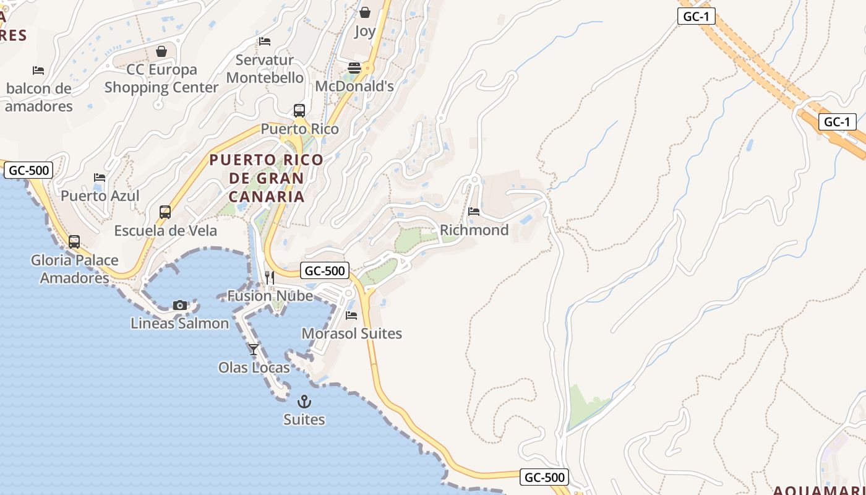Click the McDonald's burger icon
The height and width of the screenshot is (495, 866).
[354, 67]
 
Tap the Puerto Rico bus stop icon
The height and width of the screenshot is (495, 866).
[299, 111]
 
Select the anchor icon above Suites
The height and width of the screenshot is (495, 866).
[304, 402]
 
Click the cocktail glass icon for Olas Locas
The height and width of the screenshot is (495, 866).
[254, 350]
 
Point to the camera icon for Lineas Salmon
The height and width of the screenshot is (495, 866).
[180, 305]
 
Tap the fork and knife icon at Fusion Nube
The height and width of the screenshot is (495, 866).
[270, 277]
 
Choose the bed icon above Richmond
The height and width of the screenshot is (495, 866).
[474, 212]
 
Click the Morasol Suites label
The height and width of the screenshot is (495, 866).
[351, 334]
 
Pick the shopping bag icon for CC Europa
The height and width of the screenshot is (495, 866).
[161, 51]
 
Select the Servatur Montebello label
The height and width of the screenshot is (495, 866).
[265, 69]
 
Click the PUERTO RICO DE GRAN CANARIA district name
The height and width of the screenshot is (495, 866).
[266, 178]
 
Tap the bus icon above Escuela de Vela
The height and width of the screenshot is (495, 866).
[165, 212]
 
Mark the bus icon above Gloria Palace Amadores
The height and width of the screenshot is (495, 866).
[74, 242]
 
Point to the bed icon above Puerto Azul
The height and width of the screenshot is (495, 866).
[100, 178]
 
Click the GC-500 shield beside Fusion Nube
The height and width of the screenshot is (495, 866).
[325, 270]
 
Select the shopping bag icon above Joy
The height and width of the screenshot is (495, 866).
[365, 12]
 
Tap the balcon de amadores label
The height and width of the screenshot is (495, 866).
[38, 97]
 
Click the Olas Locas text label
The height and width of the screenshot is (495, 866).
[254, 368]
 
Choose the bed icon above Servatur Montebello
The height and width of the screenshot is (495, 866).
[265, 41]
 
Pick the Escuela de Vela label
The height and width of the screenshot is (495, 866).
[165, 231]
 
